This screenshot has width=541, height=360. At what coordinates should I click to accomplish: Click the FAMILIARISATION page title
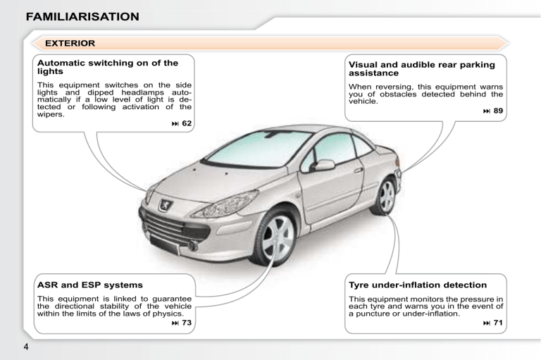pos(82,17)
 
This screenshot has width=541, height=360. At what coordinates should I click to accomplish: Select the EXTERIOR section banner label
pos(70,43)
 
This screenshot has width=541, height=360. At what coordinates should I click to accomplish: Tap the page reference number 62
pos(187,123)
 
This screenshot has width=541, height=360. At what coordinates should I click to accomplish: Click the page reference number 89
pos(498,111)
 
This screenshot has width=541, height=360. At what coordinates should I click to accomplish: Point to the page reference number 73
pos(187,323)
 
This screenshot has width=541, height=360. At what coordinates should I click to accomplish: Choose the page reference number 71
pos(498,323)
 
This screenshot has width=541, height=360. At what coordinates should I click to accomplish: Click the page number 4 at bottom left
pos(26,347)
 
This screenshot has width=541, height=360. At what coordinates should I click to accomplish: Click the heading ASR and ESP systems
pos(90,285)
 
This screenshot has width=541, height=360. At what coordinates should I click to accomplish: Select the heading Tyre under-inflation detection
pos(418,285)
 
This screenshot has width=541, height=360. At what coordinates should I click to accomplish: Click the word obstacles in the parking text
pos(398,94)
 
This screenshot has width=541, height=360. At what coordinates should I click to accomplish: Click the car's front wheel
pos(275,238)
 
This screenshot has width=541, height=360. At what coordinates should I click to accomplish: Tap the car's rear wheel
pos(385,196)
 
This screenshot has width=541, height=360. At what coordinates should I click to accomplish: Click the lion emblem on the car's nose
pos(166,205)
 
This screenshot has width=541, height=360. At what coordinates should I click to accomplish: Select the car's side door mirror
pos(323,166)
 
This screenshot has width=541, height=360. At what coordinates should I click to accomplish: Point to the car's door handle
pos(359,170)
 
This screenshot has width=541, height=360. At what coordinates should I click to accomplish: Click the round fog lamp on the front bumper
pos(192,246)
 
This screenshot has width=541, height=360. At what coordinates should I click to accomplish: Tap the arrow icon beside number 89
pos(487,111)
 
